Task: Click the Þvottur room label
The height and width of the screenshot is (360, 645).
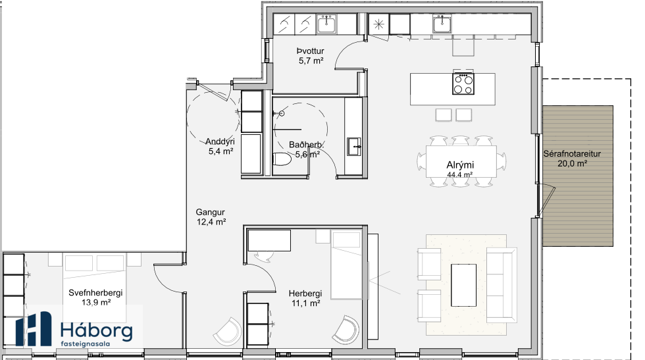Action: [311, 51]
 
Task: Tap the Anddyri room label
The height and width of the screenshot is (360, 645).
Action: [220, 141]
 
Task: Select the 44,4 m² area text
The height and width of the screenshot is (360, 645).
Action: [459, 174]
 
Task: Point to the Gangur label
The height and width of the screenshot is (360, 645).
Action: [210, 213]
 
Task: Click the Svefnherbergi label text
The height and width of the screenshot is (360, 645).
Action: [95, 293]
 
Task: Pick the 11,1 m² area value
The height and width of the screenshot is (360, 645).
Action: [305, 303]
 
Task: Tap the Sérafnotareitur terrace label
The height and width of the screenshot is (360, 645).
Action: [572, 154]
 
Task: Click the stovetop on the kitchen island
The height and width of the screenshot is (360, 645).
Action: [463, 84]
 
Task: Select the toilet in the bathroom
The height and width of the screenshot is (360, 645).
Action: [282, 159]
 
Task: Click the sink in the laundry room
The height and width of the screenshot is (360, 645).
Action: [326, 24]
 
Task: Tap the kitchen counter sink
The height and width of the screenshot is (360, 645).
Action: [442, 24]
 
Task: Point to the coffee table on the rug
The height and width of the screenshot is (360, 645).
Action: [463, 285]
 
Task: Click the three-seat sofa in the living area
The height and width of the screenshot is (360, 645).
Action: [502, 285]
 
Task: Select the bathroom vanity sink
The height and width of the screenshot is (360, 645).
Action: [355, 147]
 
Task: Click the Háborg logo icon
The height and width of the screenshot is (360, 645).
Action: [34, 328]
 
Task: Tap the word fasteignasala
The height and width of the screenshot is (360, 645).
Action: [85, 344]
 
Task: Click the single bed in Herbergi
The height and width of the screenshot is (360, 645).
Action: [347, 265]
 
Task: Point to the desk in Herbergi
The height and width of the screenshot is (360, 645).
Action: [269, 240]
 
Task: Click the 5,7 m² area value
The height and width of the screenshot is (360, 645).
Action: [311, 61]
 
